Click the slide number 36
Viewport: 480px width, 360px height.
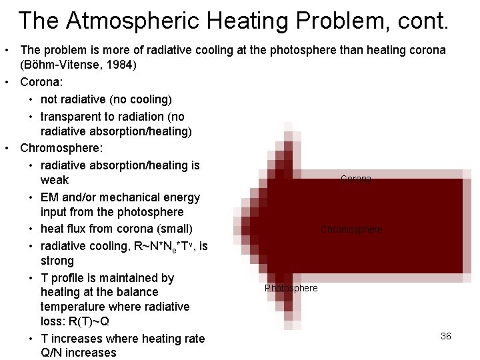coord(446,336)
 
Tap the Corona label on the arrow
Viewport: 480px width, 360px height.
coord(356,179)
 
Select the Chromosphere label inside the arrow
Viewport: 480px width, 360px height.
coord(351,229)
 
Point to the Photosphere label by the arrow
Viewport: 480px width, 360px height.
coord(291,288)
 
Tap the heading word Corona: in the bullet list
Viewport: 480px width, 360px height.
coord(41,83)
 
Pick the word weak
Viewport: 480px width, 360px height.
coord(55,180)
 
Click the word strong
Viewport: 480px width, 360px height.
coord(57,261)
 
